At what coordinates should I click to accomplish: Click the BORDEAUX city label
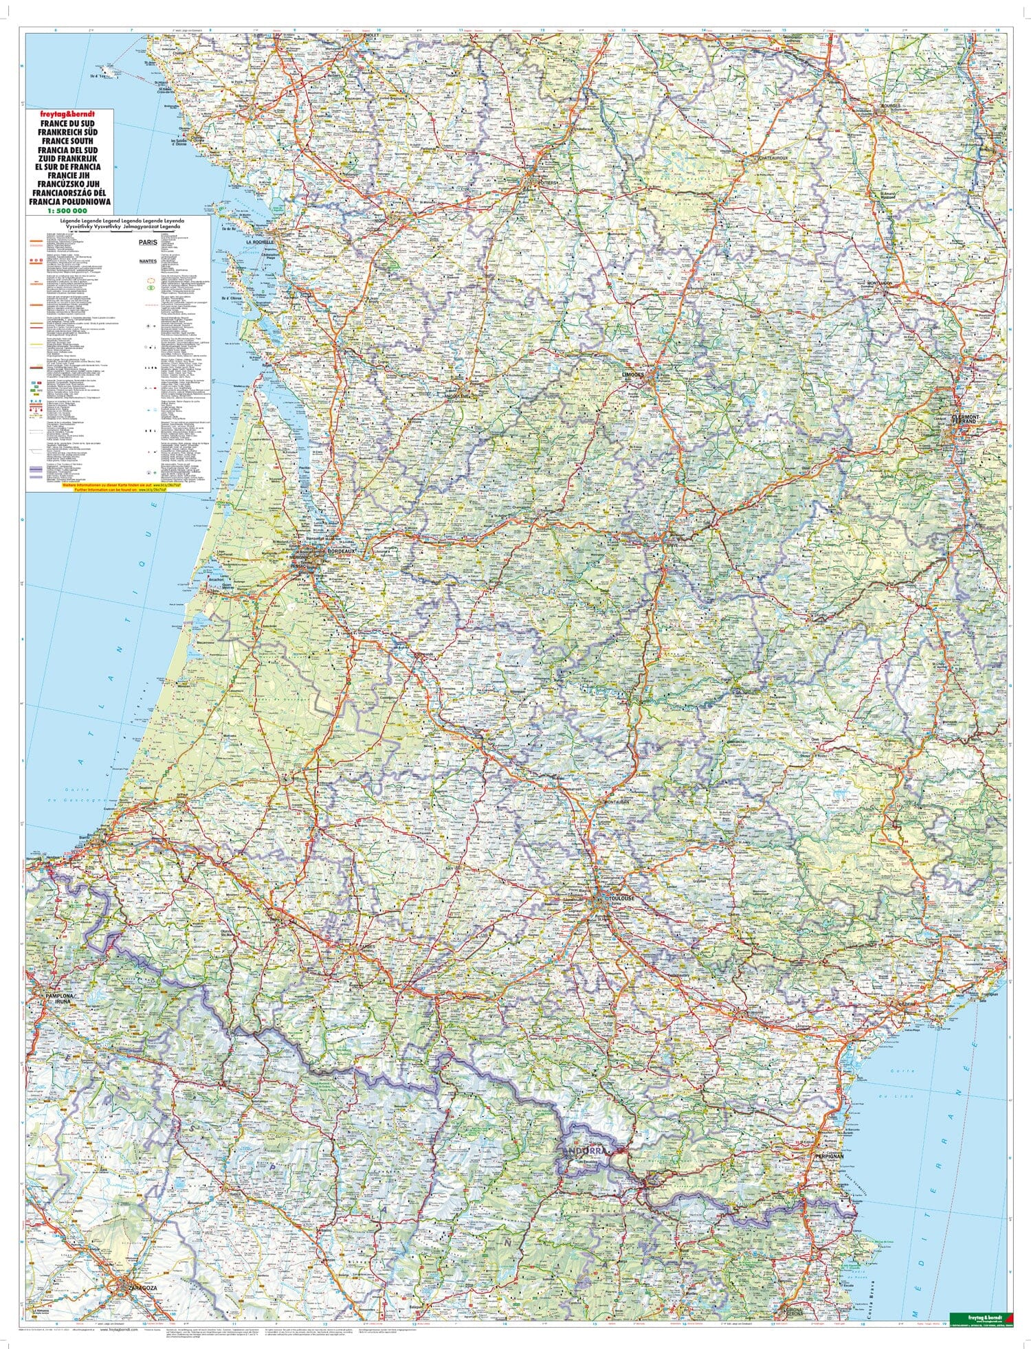point(341,551)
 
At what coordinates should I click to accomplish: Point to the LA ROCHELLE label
point(260,242)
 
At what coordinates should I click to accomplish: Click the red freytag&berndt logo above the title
point(69,113)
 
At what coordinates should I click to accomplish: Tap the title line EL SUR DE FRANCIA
point(69,166)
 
